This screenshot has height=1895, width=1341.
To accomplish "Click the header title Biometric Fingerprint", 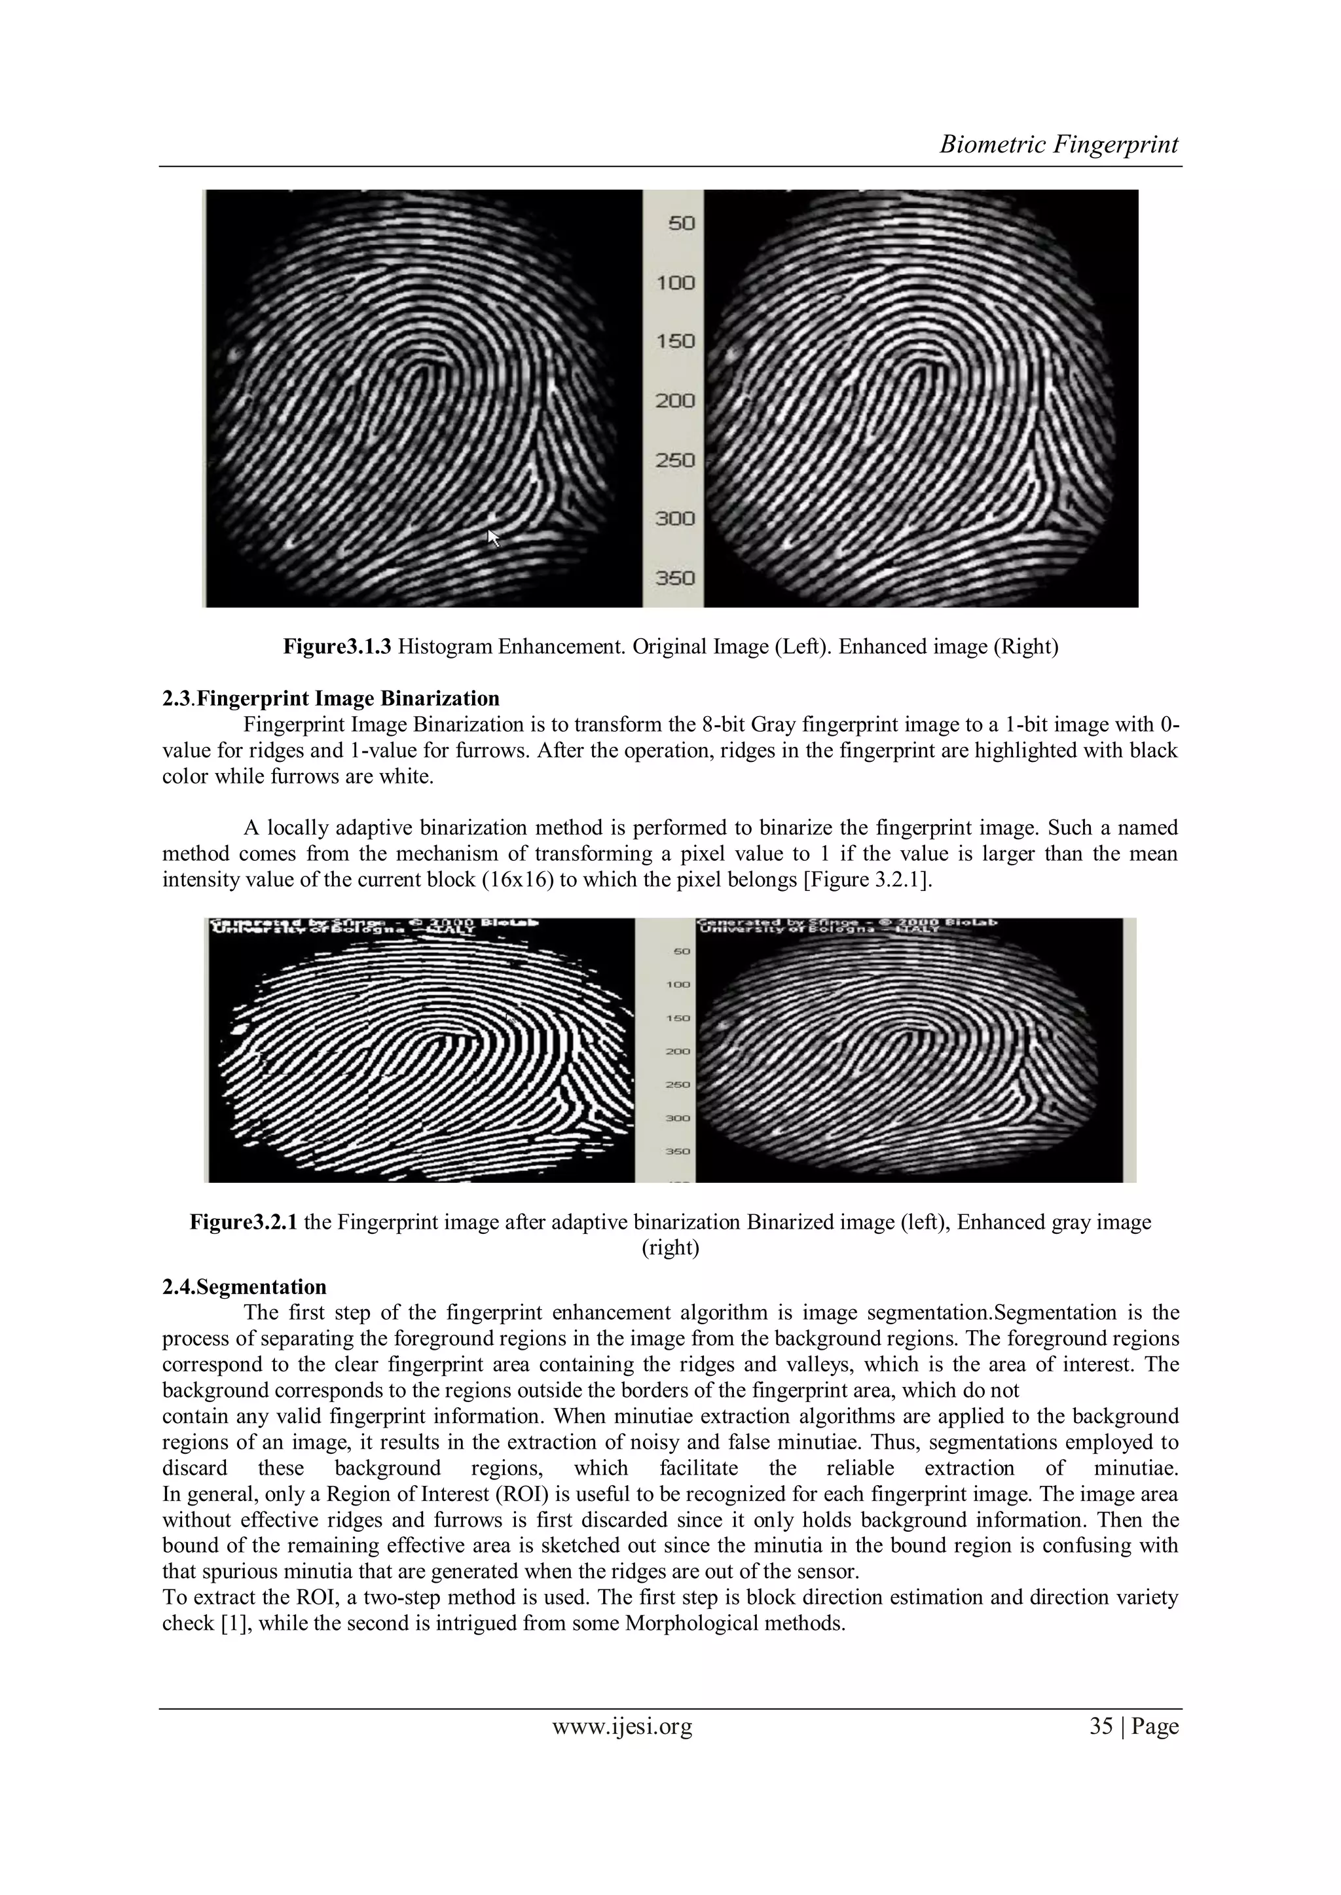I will (x=1059, y=145).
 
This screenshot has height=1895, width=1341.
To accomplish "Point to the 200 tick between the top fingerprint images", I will (x=676, y=401).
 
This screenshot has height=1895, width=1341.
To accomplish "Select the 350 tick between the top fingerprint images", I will (x=676, y=578).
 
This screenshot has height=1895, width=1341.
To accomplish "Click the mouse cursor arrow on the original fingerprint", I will (x=494, y=538).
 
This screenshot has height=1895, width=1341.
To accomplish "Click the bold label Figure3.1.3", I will (x=338, y=646).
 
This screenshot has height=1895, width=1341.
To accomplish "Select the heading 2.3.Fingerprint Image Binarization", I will (x=330, y=698).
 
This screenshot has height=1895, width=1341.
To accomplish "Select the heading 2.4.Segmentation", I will (x=244, y=1287).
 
